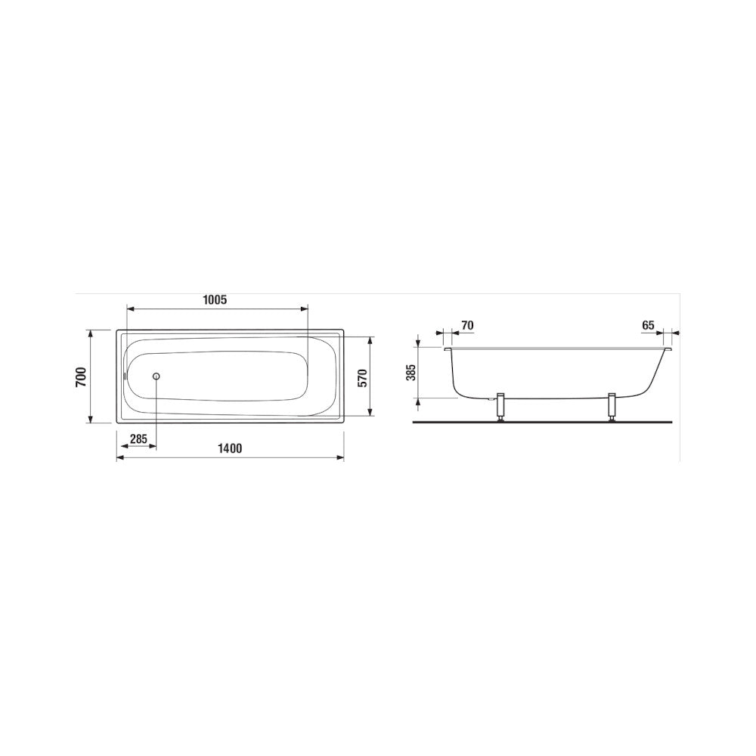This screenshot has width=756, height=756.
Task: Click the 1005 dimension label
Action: (x=215, y=300)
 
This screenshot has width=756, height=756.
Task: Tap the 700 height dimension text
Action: (x=81, y=376)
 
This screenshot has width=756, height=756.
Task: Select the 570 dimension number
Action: (x=363, y=377)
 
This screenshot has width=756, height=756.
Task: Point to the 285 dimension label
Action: (x=138, y=438)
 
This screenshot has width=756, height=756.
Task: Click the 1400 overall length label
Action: (x=230, y=448)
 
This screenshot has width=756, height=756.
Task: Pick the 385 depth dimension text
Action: (x=411, y=372)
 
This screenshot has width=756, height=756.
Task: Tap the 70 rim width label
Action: (x=467, y=325)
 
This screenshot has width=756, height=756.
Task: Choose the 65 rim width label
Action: (x=648, y=325)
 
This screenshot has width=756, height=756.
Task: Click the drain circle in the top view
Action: (x=156, y=376)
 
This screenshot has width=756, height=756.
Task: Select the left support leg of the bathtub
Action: (x=501, y=407)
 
